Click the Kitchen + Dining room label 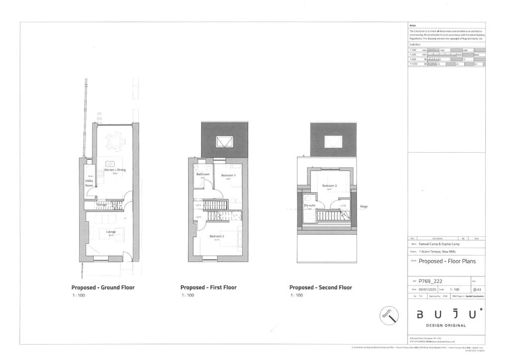115,170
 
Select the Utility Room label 89,183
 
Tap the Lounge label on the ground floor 110,232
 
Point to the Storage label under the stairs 101,204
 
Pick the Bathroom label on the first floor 203,175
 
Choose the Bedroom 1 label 229,176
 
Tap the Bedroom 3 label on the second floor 329,186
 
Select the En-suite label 310,205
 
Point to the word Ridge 363,206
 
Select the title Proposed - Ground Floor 103,287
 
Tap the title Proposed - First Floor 208,287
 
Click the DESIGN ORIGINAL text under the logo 445,326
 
